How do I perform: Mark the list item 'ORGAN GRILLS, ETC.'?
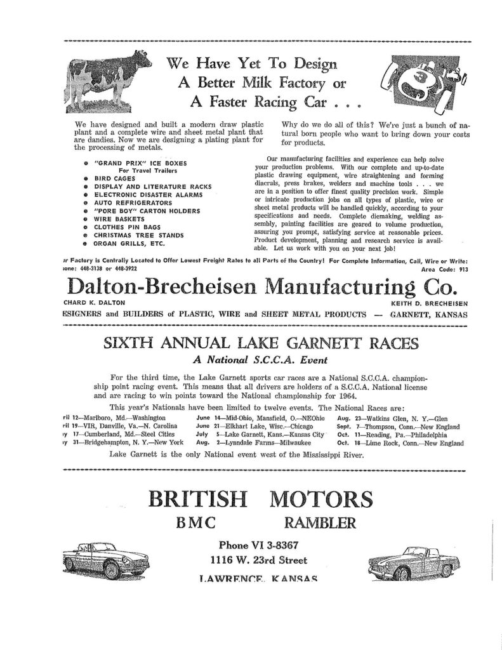click(x=130, y=242)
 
